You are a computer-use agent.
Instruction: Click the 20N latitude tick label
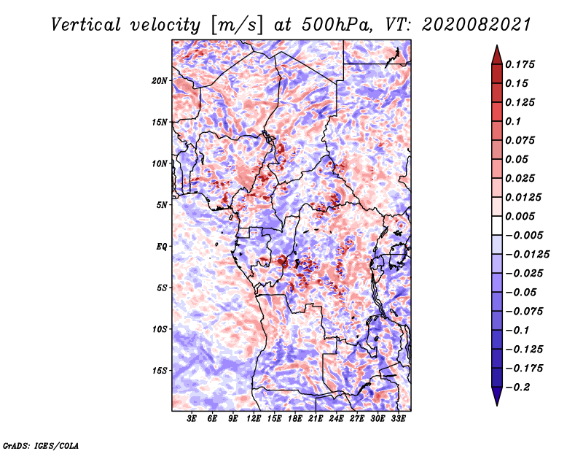coord(160,81)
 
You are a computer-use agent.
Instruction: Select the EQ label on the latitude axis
coord(162,247)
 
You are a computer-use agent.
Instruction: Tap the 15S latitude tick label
coord(160,371)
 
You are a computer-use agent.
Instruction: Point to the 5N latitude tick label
coord(162,205)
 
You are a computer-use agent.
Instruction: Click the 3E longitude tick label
coord(192,419)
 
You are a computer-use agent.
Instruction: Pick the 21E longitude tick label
coord(316,419)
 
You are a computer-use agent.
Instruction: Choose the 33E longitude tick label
coord(398,419)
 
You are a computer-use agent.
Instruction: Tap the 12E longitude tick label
coord(254,419)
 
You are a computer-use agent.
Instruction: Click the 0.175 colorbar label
coord(520,64)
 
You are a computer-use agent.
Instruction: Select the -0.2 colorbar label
coord(517,388)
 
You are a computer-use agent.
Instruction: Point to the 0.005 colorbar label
coord(520,216)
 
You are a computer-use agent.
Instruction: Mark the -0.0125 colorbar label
coord(527,255)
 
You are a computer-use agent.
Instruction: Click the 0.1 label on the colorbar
coord(513,121)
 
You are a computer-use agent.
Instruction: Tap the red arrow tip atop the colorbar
coord(497,45)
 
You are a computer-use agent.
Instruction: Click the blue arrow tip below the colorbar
coord(497,406)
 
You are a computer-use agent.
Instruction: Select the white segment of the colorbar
coord(497,225)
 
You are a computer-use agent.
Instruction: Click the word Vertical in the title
coord(86,25)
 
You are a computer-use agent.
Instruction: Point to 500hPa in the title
coord(336,25)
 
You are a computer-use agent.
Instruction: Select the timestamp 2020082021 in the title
coord(477,25)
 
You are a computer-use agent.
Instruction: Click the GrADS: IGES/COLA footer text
coord(41,446)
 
